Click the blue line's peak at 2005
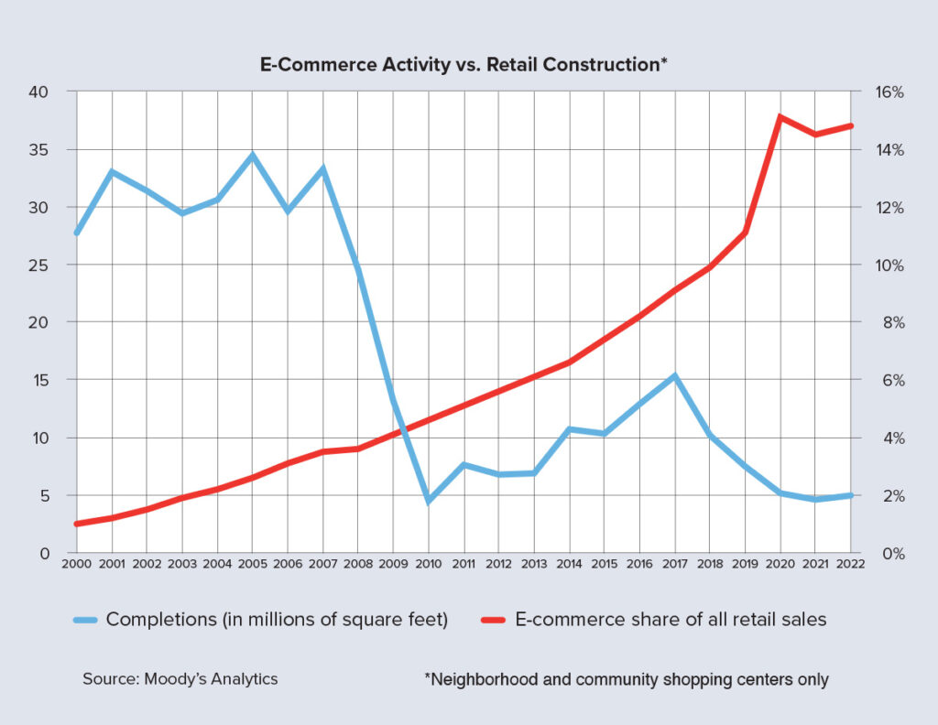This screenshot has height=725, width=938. (253, 156)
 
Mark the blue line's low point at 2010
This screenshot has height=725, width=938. (429, 501)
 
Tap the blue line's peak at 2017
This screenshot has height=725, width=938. (675, 376)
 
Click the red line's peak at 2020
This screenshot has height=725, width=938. (780, 116)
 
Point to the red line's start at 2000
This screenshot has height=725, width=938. (77, 524)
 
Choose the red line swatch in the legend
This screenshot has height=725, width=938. (495, 620)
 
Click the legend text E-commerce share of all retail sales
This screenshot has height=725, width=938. (671, 620)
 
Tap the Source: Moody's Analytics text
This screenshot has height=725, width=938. (180, 679)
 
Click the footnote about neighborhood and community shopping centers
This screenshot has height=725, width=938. (627, 679)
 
